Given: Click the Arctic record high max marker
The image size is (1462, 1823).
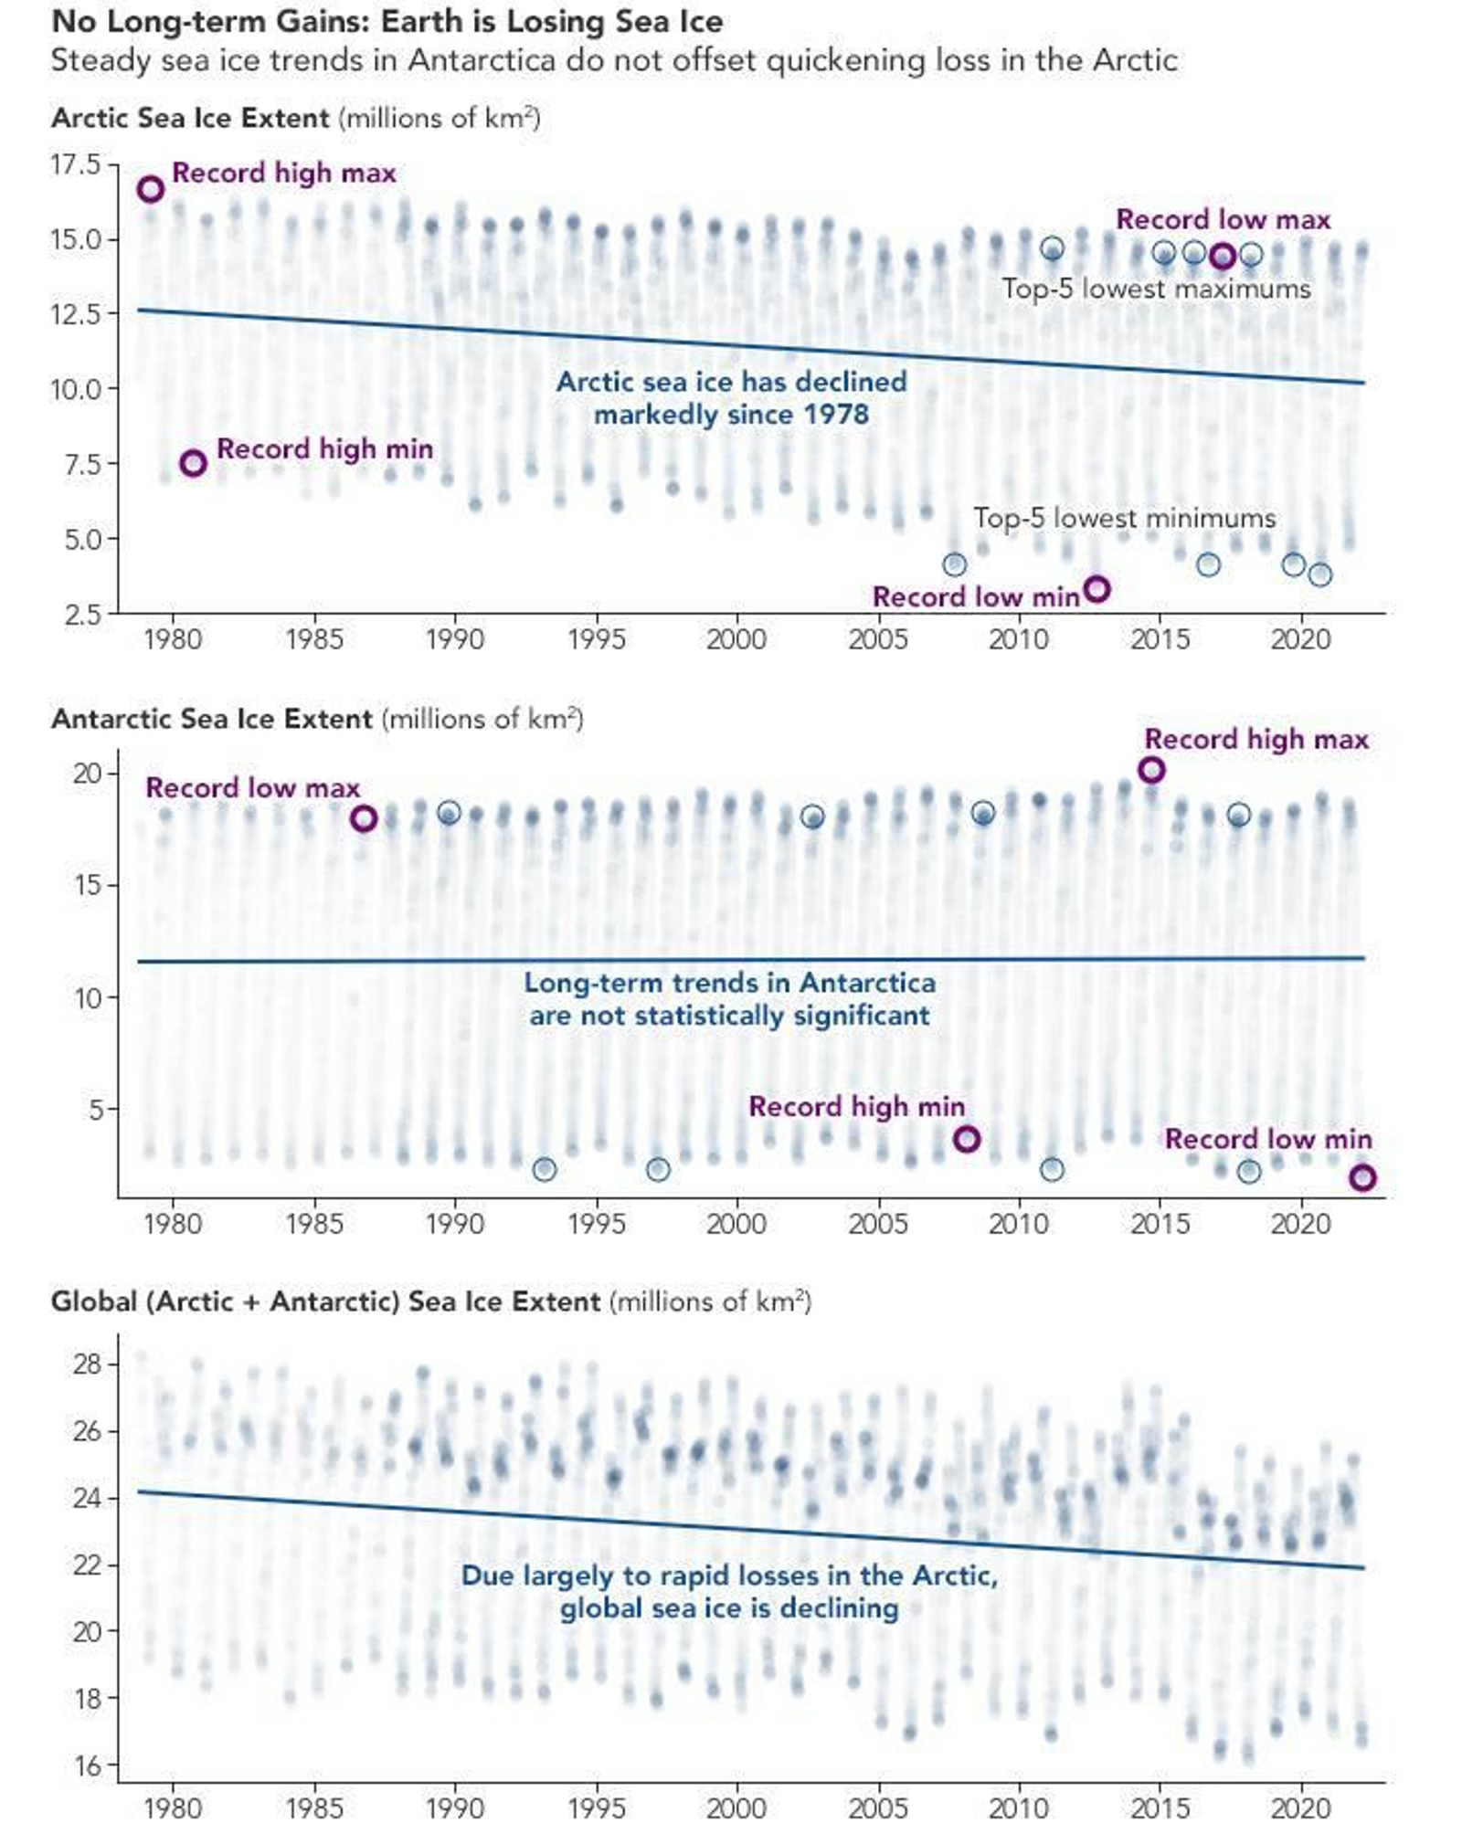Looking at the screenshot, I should click(151, 189).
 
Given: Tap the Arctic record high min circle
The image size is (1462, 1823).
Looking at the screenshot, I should click(193, 463).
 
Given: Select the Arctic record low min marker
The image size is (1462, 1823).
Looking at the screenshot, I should click(1096, 589).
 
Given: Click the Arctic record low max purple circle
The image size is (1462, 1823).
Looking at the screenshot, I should click(1222, 257).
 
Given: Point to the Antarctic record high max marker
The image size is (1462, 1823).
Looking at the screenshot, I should click(1151, 770).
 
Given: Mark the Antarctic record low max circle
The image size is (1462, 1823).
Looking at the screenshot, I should click(364, 818).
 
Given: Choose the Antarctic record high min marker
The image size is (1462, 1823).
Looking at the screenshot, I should click(967, 1139).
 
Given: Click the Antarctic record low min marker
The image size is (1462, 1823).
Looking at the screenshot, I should click(1361, 1178).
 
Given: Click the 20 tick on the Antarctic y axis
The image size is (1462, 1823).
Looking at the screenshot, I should click(88, 774).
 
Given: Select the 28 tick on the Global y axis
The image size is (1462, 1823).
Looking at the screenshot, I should click(88, 1365).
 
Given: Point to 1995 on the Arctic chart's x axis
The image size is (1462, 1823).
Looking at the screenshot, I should click(596, 638).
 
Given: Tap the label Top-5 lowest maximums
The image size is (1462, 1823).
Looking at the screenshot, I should click(1156, 289).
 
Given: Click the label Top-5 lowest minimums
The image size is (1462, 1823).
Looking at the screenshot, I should click(1124, 518).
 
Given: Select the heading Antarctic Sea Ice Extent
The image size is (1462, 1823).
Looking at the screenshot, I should click(212, 719).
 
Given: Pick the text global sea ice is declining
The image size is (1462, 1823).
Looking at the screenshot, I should click(729, 1607).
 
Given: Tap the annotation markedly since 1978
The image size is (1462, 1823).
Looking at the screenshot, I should click(731, 415).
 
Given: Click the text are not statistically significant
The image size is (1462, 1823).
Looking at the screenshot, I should click(729, 1016).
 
